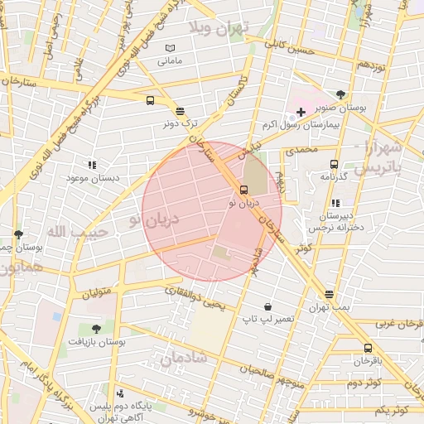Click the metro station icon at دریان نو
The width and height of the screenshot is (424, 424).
(243, 190)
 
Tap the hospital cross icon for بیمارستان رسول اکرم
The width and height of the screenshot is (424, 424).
(301, 111)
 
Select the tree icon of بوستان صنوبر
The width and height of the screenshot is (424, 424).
(341, 94)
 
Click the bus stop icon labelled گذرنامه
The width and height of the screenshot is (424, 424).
(334, 164)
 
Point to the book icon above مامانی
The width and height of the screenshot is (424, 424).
(171, 49)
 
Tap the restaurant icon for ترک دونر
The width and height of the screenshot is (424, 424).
(180, 110)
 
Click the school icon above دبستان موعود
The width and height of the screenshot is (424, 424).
(92, 165)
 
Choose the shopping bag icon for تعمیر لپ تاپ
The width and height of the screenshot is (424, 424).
(267, 306)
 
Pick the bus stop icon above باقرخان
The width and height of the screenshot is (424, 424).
(368, 348)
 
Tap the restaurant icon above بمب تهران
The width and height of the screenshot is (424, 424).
(330, 294)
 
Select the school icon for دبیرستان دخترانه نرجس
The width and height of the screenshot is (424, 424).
(335, 202)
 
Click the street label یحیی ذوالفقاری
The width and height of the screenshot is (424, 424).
(195, 299)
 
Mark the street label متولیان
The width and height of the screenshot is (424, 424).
(96, 292)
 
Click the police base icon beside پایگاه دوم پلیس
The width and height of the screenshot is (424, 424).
(121, 393)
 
